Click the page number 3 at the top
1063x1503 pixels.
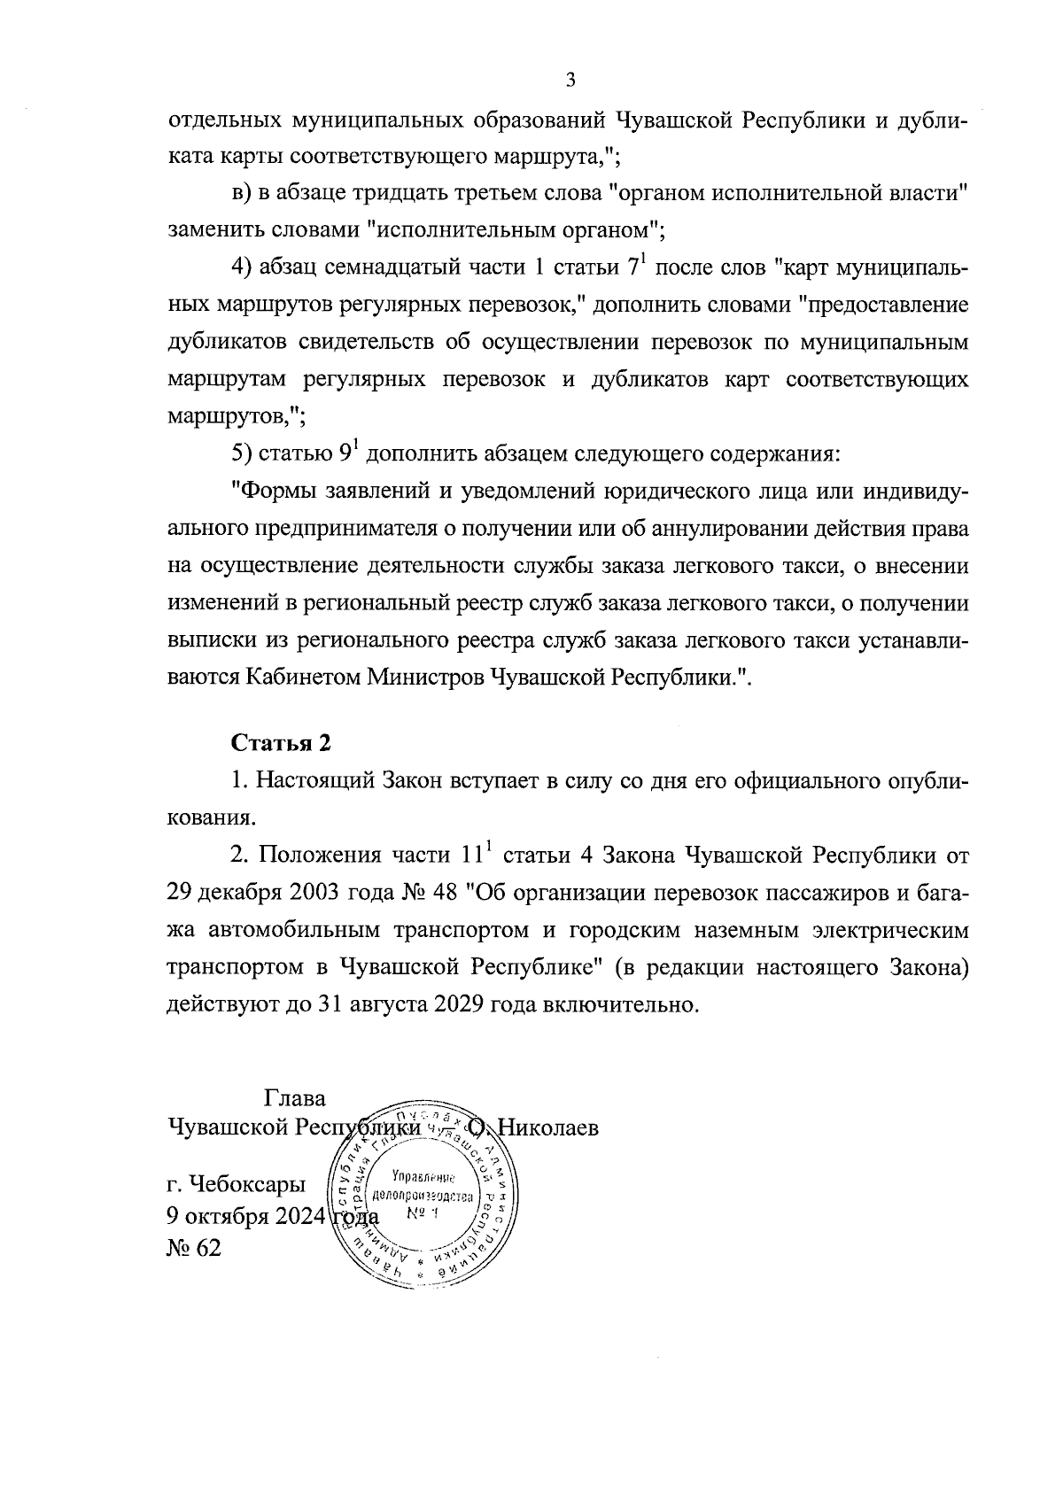point(570,81)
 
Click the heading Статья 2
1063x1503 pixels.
point(281,743)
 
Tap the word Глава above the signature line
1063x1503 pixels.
point(295,1098)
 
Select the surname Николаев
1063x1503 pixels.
point(547,1128)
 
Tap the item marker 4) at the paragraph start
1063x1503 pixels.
point(244,268)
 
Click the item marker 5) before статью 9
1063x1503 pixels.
point(244,454)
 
